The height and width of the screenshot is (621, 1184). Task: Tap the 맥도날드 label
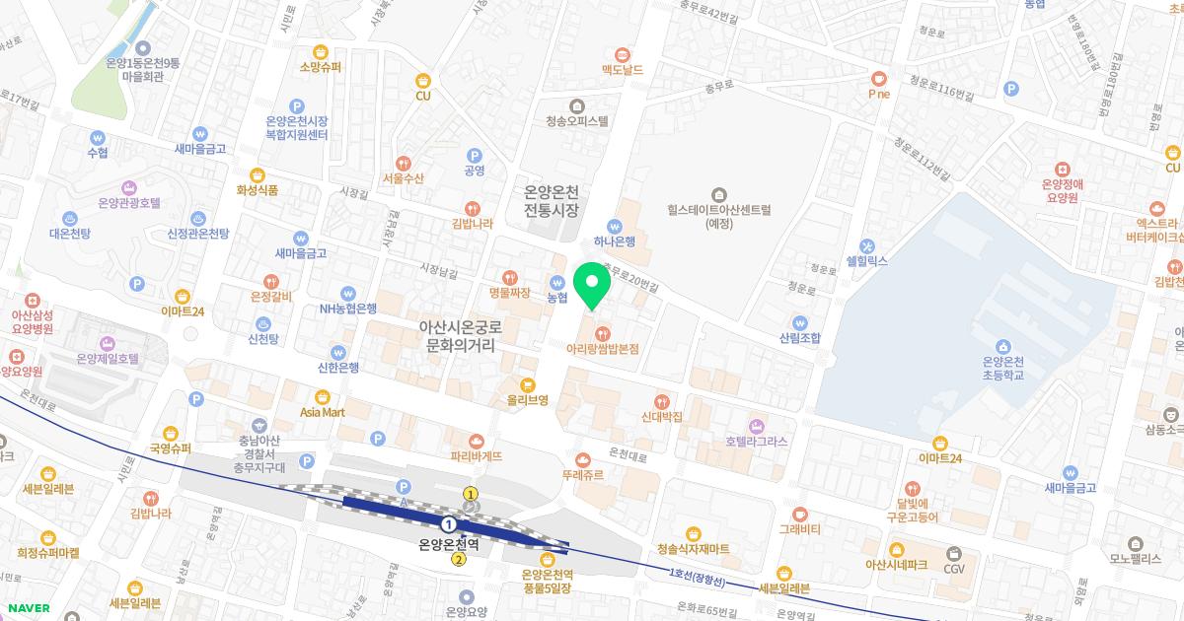coord(622,70)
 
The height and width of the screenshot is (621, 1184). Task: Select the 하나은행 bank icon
coord(615,225)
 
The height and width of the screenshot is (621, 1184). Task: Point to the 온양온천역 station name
coord(449,543)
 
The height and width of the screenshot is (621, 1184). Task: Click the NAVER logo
coord(29,608)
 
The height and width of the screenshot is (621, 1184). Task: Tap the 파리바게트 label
coord(476,456)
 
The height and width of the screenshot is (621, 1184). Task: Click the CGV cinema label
coord(954,568)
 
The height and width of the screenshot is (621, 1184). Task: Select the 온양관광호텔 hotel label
coord(129,203)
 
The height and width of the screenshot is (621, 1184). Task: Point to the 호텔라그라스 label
coord(757,442)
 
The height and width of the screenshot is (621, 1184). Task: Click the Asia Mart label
coord(323,412)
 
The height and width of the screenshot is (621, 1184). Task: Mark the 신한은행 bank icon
coord(338,352)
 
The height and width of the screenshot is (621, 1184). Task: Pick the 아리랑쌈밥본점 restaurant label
coord(603,349)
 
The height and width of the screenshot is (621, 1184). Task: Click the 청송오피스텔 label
coord(577,121)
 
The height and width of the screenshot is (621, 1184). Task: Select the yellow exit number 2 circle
coord(459,560)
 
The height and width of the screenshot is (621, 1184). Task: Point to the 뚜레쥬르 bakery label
coord(583,474)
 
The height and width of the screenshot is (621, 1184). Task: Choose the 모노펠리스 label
coord(1136,557)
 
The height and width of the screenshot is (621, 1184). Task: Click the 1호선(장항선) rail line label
coord(703,576)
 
